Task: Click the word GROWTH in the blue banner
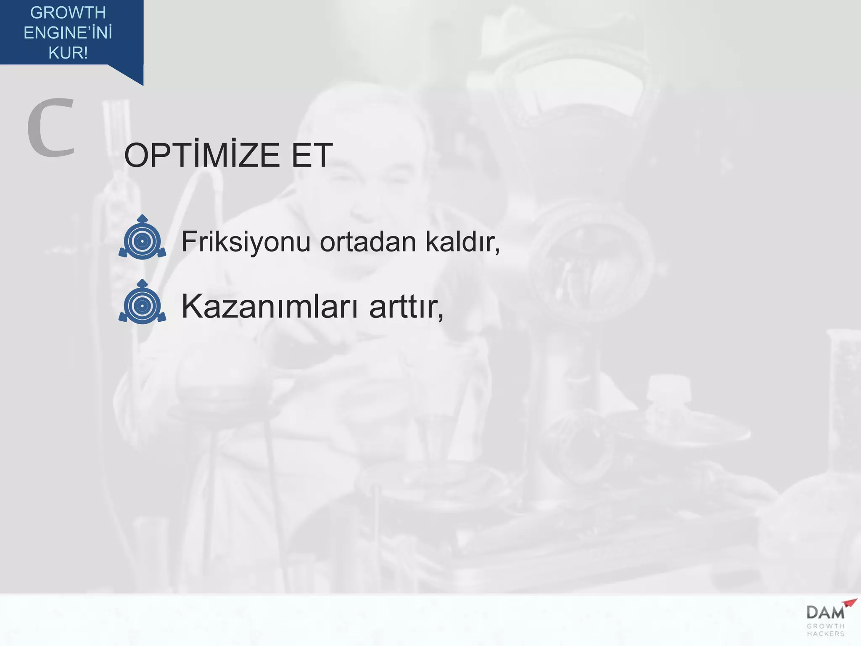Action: coord(68,13)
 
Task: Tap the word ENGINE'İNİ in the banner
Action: coord(68,33)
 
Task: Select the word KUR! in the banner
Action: coord(68,53)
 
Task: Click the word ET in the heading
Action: coord(312,156)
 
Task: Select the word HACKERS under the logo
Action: coord(826,634)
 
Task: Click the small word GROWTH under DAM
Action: coord(826,626)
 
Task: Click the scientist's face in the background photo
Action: coord(370,177)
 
